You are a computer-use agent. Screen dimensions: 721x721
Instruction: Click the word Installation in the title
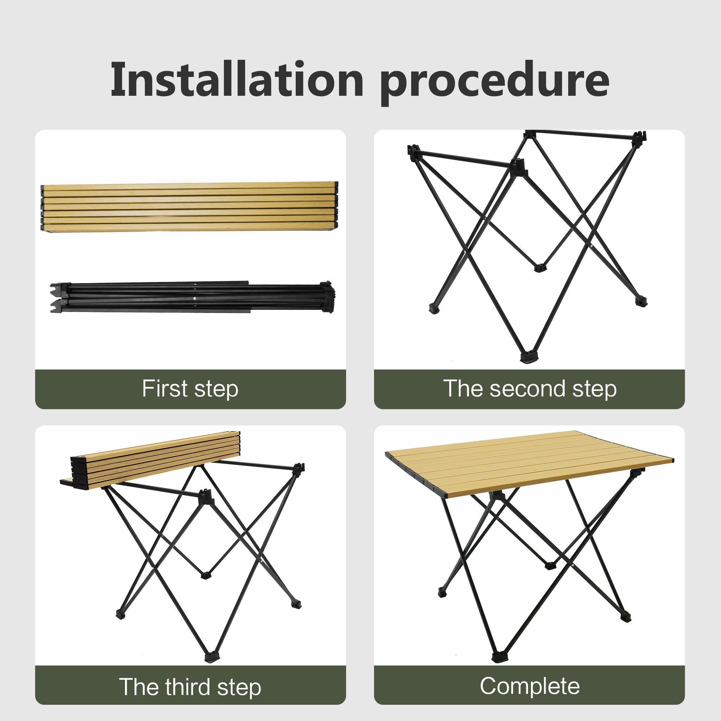pos(237,79)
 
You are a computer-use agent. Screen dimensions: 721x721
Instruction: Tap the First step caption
pos(190,389)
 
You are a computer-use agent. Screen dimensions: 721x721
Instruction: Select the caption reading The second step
pos(529,389)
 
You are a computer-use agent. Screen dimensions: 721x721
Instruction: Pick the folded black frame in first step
pos(192,297)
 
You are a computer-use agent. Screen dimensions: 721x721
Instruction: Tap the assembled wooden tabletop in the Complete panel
pos(529,464)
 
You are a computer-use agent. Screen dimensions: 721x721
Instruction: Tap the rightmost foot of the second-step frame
pos(641,301)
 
